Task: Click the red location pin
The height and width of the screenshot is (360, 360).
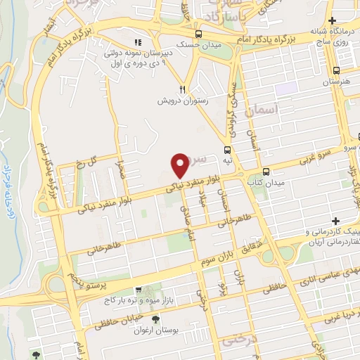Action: pyautogui.click(x=181, y=165)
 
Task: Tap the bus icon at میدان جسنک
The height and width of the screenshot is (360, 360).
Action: pyautogui.click(x=198, y=34)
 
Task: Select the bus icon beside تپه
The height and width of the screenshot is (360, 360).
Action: pyautogui.click(x=227, y=150)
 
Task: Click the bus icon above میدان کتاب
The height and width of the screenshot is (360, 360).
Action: pyautogui.click(x=266, y=172)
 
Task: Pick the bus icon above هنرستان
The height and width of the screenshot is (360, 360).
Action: pyautogui.click(x=337, y=70)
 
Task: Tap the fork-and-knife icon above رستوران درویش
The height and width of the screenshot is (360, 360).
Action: pyautogui.click(x=182, y=89)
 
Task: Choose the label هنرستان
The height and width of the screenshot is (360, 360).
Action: pyautogui.click(x=336, y=82)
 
